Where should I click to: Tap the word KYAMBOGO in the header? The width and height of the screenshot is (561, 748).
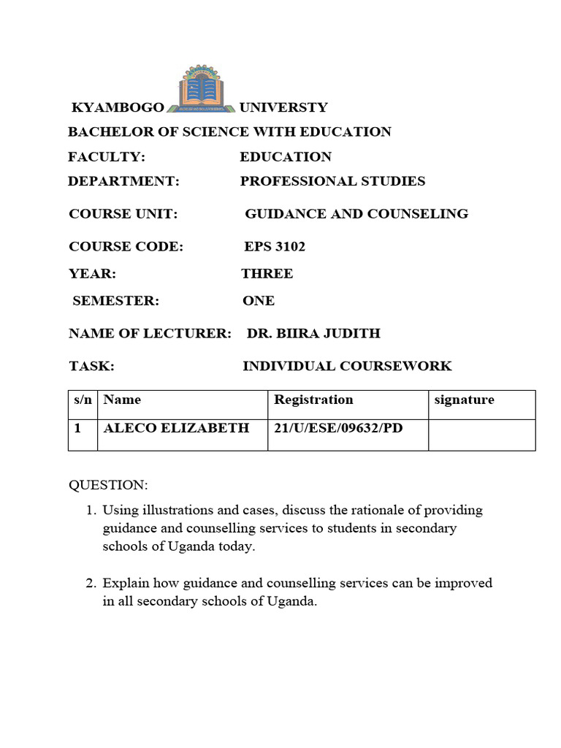118,108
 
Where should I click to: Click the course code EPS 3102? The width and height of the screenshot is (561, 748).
275,247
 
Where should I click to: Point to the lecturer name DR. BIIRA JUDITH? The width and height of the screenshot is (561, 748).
313,334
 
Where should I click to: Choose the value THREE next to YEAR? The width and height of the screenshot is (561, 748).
267,274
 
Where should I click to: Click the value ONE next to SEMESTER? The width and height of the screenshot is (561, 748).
259,301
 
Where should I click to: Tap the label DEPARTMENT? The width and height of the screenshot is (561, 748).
123,181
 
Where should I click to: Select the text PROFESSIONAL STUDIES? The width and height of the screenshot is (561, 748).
332,181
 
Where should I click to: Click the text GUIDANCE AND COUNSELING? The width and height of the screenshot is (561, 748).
356,214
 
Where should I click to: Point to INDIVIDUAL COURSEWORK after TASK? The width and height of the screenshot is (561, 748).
347,367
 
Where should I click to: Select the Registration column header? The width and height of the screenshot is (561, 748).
313,400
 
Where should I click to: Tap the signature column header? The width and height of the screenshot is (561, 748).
464,400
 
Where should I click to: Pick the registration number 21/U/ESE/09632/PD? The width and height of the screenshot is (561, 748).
338,428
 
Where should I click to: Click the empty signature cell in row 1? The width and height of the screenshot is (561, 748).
481,435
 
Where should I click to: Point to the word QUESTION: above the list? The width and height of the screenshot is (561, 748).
108,486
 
